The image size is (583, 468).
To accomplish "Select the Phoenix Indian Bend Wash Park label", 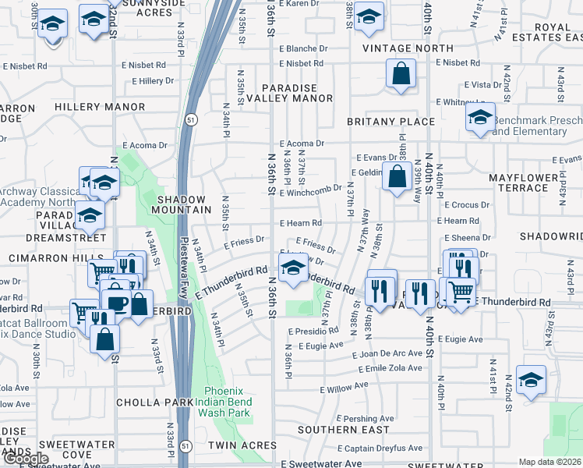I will pos(228,402).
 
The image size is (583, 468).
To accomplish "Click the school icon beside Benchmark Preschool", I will pos(481,119).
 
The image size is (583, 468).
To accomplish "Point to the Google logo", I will pos(26,459).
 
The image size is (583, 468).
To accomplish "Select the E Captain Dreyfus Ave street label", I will pos(380,448).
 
